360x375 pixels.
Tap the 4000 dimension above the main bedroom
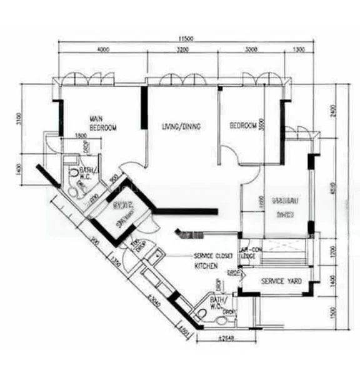click(x=102, y=49)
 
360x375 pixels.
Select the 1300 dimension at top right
click(x=299, y=49)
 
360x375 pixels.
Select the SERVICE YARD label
click(x=281, y=282)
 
